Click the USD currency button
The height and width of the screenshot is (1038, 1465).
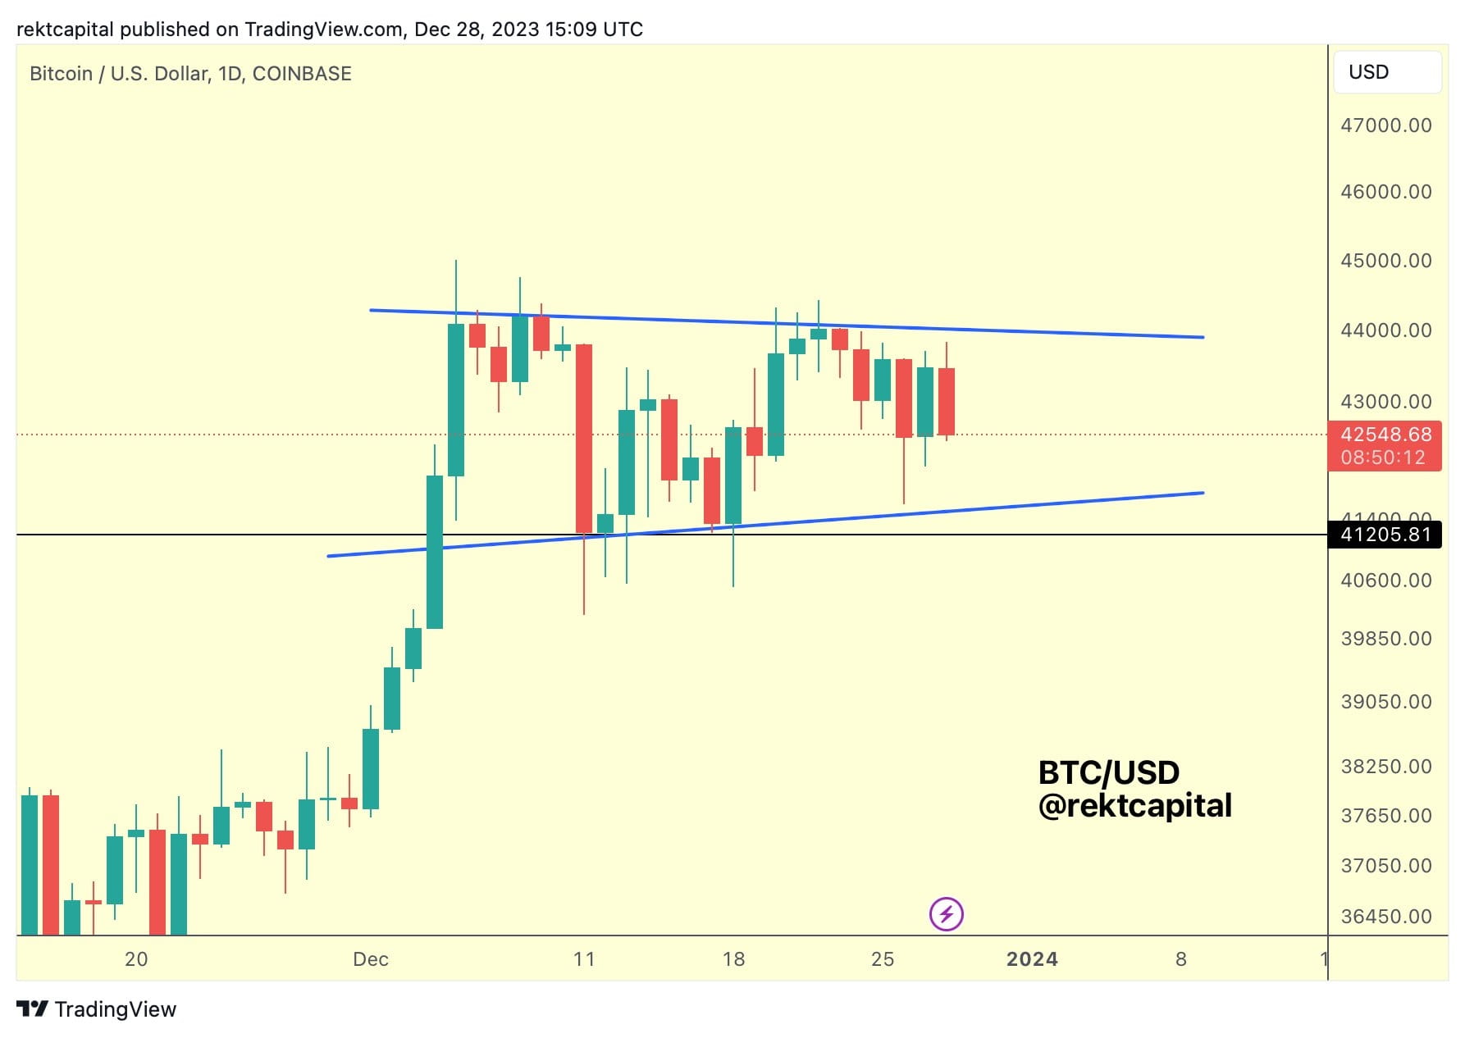[1386, 72]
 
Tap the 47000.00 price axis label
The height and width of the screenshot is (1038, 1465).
[1385, 125]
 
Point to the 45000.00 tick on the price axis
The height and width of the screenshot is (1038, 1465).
[1385, 261]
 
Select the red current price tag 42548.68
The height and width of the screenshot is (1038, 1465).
[1385, 435]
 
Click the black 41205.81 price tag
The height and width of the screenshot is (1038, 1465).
[1385, 535]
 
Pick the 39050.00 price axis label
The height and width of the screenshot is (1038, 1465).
[1385, 702]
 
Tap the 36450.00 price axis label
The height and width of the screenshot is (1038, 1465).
[1385, 917]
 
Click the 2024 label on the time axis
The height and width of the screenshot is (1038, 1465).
[1032, 959]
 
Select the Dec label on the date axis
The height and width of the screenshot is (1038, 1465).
[370, 959]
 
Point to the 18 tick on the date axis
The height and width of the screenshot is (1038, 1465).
[733, 959]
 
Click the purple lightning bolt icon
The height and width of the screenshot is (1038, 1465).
[946, 914]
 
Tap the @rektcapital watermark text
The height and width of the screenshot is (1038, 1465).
[1134, 806]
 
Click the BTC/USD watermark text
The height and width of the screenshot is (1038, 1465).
[1108, 772]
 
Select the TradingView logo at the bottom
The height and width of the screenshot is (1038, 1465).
[97, 1009]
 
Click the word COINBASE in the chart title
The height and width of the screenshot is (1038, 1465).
[302, 74]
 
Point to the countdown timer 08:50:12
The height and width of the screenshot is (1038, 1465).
[1383, 458]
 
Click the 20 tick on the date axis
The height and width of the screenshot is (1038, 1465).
[136, 959]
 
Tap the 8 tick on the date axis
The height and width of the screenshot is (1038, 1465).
[1180, 959]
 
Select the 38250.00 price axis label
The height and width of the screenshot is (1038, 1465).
[1385, 767]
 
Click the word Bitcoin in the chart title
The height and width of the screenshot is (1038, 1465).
[61, 74]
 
